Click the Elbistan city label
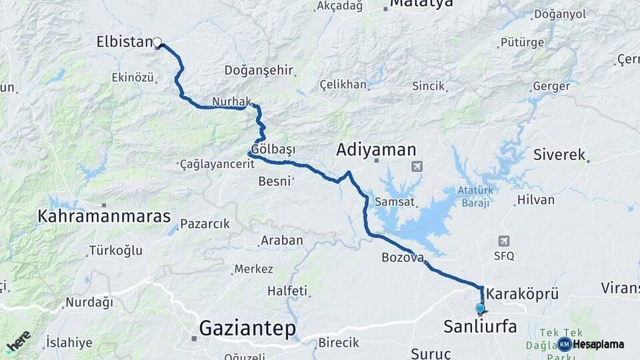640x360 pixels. pyautogui.click(x=125, y=42)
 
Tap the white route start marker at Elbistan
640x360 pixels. pyautogui.click(x=157, y=43)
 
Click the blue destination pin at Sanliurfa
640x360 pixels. pyautogui.click(x=480, y=308)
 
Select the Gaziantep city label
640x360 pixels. pyautogui.click(x=247, y=328)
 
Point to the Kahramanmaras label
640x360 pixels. pyautogui.click(x=104, y=217)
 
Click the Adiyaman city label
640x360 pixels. pyautogui.click(x=376, y=149)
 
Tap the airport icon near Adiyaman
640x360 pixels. pyautogui.click(x=417, y=165)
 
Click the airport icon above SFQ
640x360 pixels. pyautogui.click(x=503, y=241)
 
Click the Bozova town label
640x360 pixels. pyautogui.click(x=403, y=257)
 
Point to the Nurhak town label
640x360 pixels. pyautogui.click(x=231, y=101)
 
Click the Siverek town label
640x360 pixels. pyautogui.click(x=559, y=155)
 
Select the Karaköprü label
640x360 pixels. pyautogui.click(x=522, y=293)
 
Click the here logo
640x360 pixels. pyautogui.click(x=19, y=341)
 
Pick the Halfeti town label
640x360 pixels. pyautogui.click(x=287, y=291)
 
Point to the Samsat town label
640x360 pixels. pyautogui.click(x=395, y=201)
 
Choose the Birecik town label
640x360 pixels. pyautogui.click(x=338, y=343)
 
